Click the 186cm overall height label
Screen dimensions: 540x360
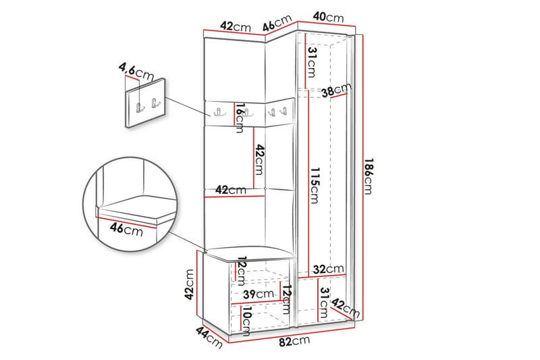pyautogui.click(x=369, y=176)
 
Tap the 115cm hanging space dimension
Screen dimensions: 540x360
pyautogui.click(x=315, y=185)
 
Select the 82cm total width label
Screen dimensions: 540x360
pyautogui.click(x=294, y=341)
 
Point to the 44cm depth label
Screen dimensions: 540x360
pyautogui.click(x=209, y=337)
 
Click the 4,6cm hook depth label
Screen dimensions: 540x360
pyautogui.click(x=136, y=72)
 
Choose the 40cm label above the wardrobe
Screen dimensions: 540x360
pyautogui.click(x=328, y=17)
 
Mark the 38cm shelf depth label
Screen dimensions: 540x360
pyautogui.click(x=336, y=90)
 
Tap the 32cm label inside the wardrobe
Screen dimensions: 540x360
pyautogui.click(x=328, y=269)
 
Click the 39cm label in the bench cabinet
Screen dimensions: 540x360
pyautogui.click(x=259, y=294)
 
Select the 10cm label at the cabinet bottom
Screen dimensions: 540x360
pyautogui.click(x=246, y=322)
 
